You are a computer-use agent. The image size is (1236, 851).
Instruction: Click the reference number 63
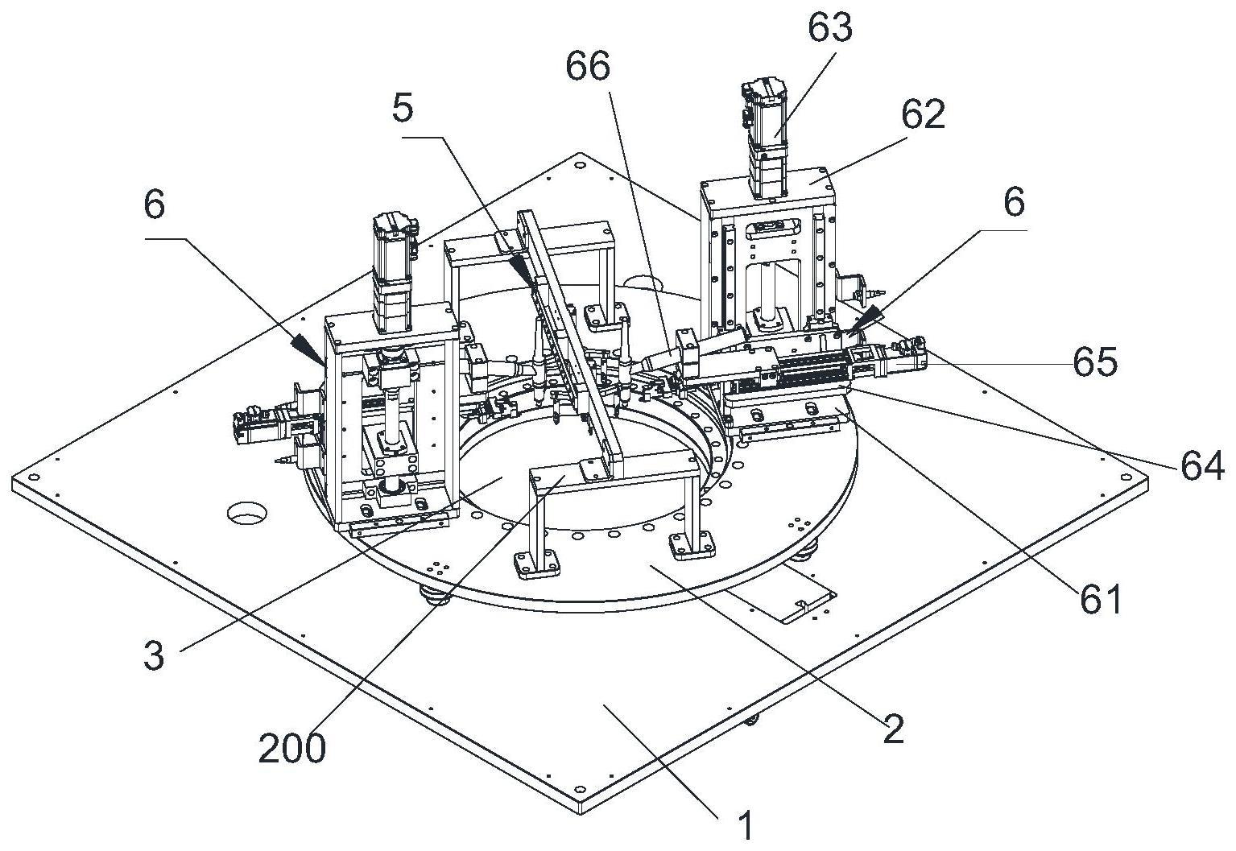pos(830,28)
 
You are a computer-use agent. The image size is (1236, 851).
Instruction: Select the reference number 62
pos(924,115)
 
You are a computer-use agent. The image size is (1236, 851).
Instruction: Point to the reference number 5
pos(403,109)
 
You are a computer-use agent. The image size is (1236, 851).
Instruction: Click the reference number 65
pos(1095,362)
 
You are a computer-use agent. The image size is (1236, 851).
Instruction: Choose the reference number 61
pos(1101,600)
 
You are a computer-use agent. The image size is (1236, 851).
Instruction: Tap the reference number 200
pos(292,749)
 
